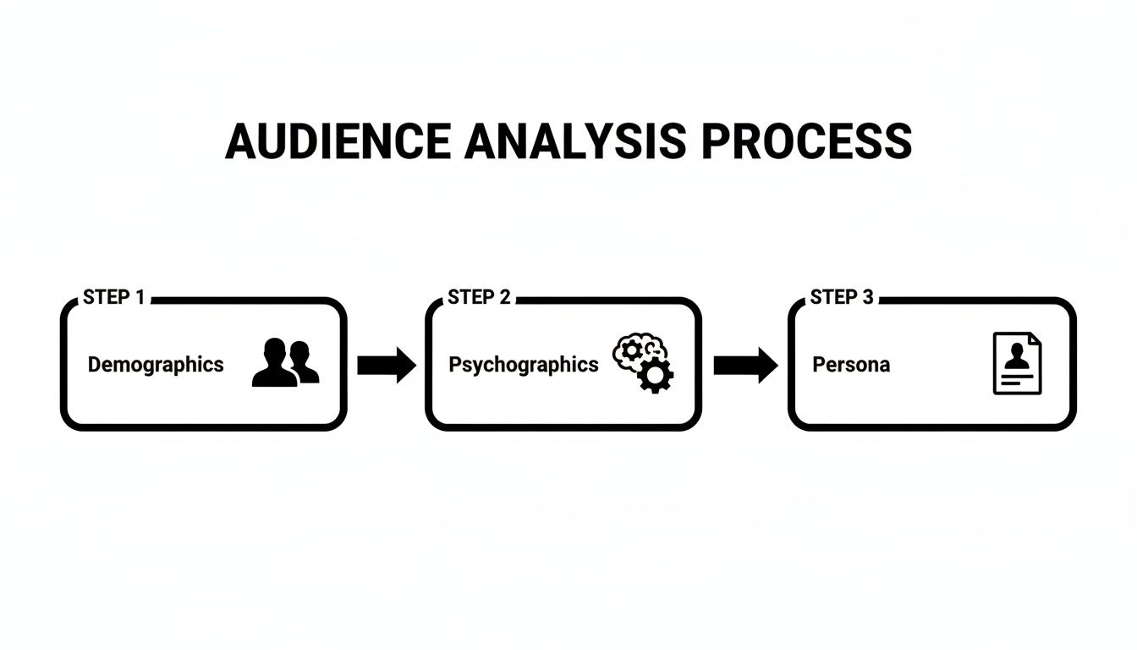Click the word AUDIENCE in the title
click(x=338, y=141)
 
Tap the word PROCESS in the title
click(x=806, y=141)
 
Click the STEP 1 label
click(x=114, y=297)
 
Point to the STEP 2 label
click(x=479, y=297)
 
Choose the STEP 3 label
click(x=842, y=297)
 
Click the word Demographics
click(x=156, y=365)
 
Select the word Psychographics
click(x=523, y=365)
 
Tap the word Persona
click(x=851, y=365)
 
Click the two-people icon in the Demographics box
click(x=286, y=363)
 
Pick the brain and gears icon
click(x=642, y=363)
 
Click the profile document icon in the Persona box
click(x=1017, y=363)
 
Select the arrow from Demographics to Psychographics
click(x=386, y=365)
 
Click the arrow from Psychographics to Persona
click(x=744, y=365)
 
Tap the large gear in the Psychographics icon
click(x=655, y=374)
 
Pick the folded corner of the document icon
click(x=1035, y=339)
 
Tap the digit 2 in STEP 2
click(x=505, y=297)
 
